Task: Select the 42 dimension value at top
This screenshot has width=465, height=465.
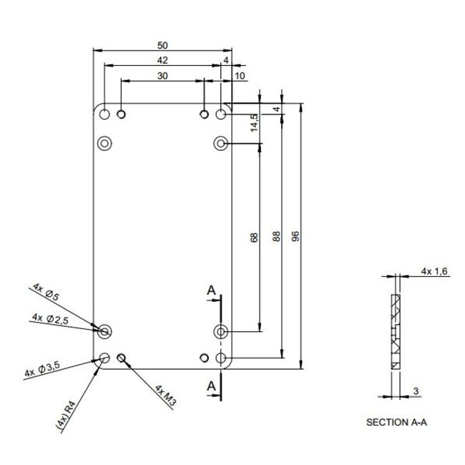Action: click(x=163, y=60)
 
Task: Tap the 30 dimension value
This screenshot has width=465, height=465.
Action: click(x=163, y=76)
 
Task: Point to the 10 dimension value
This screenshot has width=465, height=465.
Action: click(x=239, y=76)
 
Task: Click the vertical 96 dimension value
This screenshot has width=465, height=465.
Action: click(x=295, y=238)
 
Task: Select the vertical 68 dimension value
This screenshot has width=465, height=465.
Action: click(x=254, y=238)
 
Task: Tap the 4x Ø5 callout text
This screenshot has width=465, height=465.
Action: click(x=48, y=293)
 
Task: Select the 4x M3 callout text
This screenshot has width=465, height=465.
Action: click(x=165, y=395)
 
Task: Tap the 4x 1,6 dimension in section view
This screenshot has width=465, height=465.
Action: click(x=434, y=271)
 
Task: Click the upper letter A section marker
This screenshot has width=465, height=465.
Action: click(x=212, y=290)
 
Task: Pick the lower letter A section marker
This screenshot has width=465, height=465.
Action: click(x=212, y=386)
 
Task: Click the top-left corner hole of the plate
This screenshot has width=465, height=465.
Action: click(x=105, y=114)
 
